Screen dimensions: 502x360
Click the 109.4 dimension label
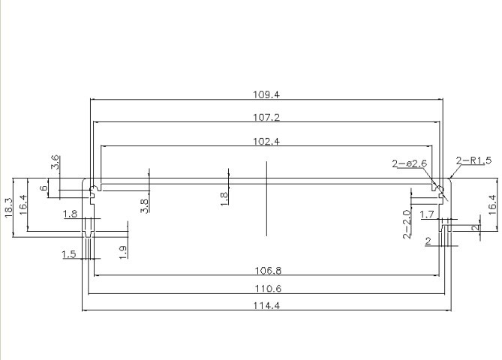pos(266,94)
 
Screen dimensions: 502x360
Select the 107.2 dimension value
pos(266,118)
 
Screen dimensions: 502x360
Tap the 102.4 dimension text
pos(266,142)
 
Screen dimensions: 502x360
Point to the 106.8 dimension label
pos(268,271)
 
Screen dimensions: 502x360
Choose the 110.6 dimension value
pos(268,289)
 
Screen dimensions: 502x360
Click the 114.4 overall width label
pos(266,305)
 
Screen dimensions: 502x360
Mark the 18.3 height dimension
pos(8,208)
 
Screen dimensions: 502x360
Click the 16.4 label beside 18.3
pos(23,205)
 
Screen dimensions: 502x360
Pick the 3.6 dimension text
pos(55,162)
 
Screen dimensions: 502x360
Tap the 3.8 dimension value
pos(144,206)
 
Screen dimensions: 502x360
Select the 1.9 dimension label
pos(123,252)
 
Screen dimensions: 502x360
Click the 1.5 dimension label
pos(69,255)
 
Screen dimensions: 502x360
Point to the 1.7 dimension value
pos(427,214)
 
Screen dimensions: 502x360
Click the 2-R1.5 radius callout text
pos(473,160)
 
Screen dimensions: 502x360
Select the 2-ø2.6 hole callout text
pos(410,163)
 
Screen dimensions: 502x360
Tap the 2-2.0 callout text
pos(407,224)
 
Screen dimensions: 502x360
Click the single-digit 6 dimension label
pos(44,188)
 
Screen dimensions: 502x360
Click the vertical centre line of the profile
pos(266,199)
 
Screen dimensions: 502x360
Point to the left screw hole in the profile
pos(93,188)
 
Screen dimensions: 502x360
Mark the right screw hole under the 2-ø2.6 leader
pos(439,188)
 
